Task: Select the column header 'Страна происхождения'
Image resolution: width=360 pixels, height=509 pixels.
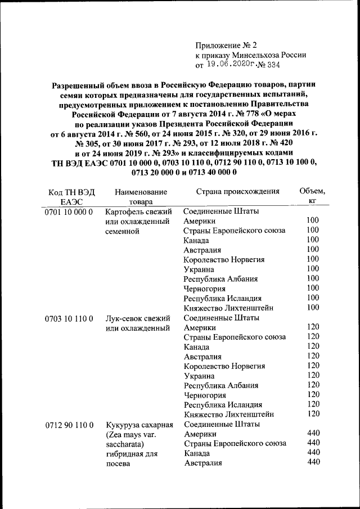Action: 238,191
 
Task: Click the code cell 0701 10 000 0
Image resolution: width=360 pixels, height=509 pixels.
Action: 69,212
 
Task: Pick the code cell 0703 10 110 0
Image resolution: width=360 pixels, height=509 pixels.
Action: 69,319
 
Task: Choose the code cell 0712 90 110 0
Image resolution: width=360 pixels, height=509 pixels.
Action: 69,425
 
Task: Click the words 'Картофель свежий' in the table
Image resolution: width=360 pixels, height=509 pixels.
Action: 137,212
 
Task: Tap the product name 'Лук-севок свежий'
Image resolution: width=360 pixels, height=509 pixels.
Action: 137,319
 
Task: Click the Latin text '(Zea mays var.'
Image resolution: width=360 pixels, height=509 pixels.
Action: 130,435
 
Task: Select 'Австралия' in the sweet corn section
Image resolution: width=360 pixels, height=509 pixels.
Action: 202,463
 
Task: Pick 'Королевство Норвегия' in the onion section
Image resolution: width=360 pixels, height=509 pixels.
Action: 224,366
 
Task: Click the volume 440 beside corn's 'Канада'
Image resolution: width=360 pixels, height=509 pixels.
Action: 314,452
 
